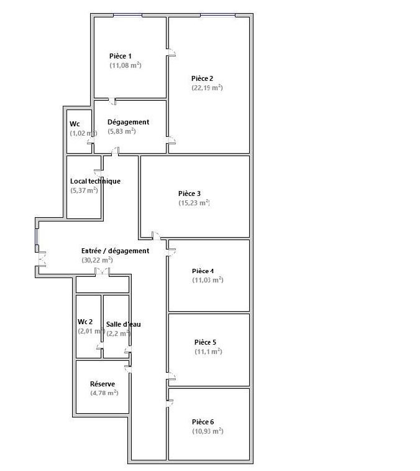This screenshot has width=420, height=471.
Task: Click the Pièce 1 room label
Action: (x=121, y=56)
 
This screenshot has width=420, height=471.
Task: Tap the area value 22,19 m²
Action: (x=207, y=88)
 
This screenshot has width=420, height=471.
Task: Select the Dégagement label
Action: (x=128, y=122)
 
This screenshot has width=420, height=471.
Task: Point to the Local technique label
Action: (x=95, y=181)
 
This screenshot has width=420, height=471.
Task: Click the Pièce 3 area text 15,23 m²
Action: (x=194, y=203)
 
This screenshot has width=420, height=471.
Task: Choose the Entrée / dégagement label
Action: (x=115, y=251)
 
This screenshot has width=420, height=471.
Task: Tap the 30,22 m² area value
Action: (x=97, y=260)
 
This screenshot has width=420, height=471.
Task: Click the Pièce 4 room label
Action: (x=203, y=271)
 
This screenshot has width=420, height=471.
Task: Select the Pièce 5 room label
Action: (x=205, y=342)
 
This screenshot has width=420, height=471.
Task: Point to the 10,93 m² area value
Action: (x=208, y=431)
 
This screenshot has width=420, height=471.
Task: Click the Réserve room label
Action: (x=103, y=384)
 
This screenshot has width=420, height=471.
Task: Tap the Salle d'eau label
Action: (x=123, y=324)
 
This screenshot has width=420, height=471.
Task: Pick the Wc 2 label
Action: (x=85, y=322)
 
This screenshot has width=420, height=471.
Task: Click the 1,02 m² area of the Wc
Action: (x=83, y=133)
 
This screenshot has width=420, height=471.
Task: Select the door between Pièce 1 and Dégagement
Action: (x=112, y=101)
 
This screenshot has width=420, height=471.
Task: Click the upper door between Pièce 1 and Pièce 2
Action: (x=171, y=52)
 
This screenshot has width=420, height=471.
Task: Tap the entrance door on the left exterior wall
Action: (x=42, y=258)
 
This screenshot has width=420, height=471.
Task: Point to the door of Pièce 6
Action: (x=170, y=403)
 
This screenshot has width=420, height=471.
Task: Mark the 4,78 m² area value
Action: (x=104, y=393)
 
